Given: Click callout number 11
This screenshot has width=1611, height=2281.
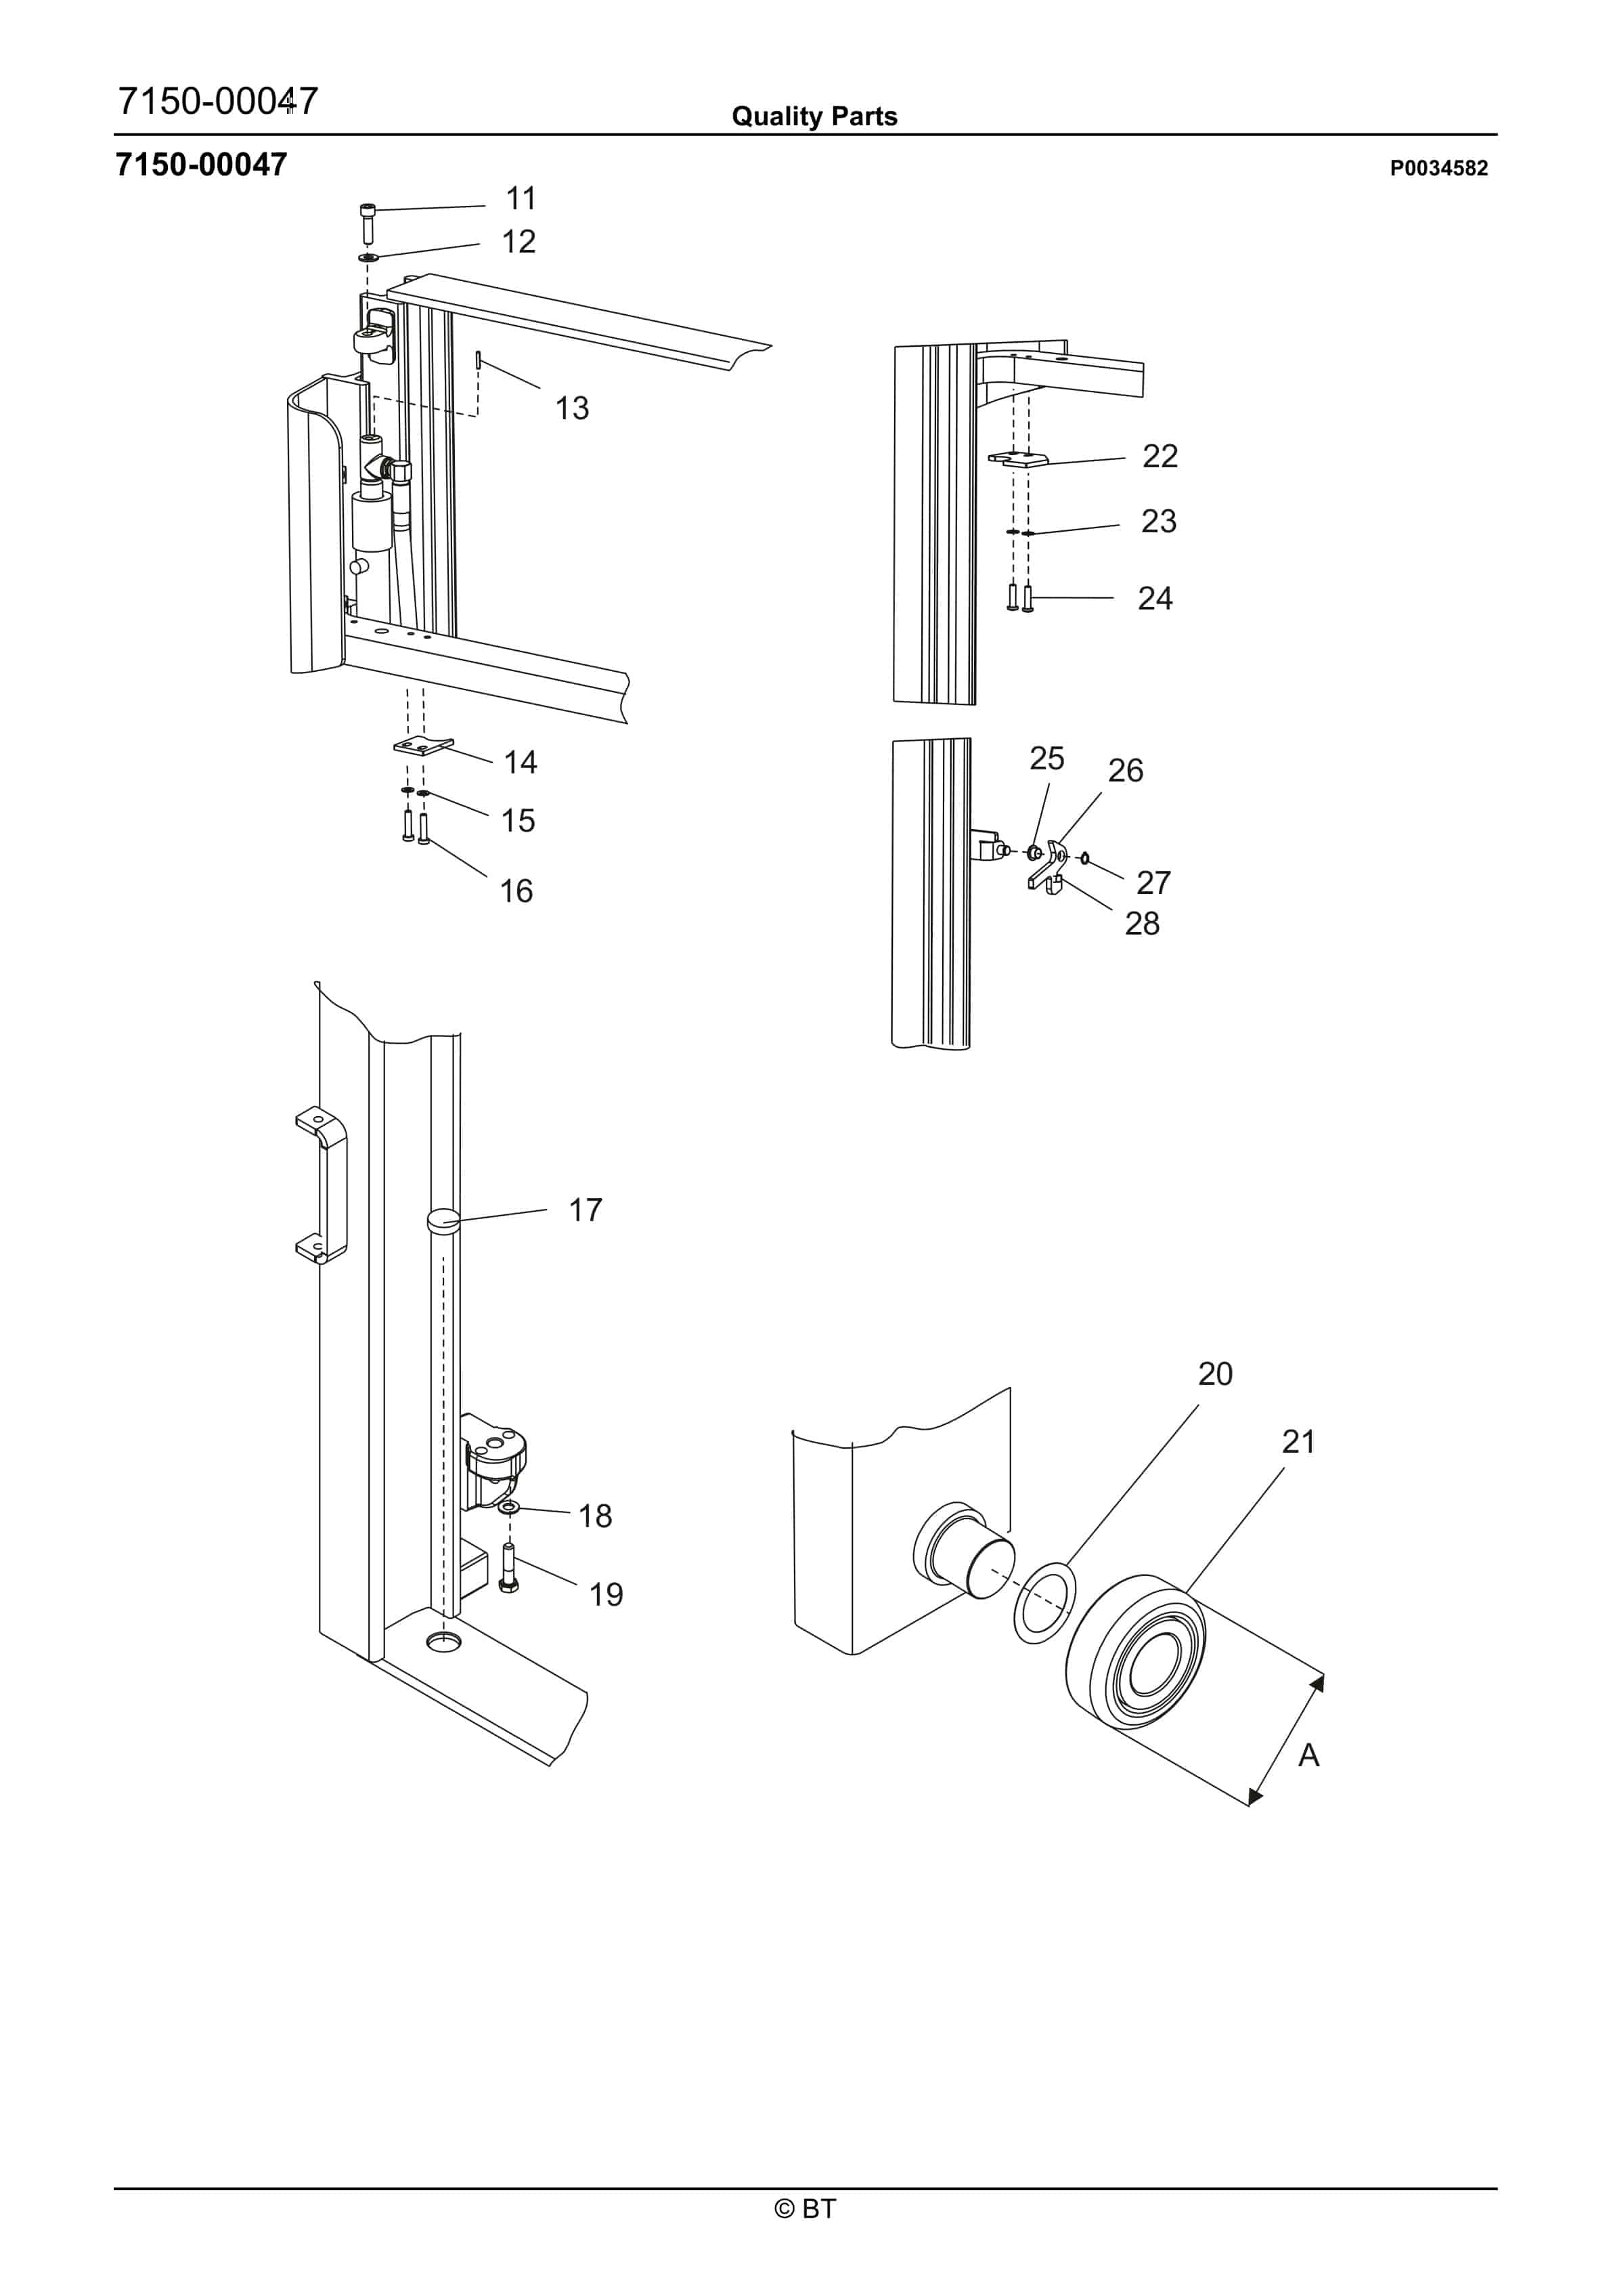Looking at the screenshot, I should tap(521, 198).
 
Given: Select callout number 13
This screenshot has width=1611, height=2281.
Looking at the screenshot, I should tap(572, 408).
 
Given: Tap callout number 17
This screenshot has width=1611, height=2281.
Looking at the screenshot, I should tap(585, 1210).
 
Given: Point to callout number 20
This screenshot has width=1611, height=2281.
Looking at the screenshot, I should tap(1215, 1374).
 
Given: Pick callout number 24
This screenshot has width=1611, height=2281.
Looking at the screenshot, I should tap(1155, 599).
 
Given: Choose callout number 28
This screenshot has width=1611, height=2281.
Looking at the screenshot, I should tap(1142, 924).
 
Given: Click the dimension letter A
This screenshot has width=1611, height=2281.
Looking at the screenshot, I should tap(1309, 1755).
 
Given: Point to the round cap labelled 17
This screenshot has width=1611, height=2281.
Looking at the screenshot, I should tap(443, 1222).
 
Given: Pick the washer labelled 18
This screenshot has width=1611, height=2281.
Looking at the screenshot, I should tap(508, 1509).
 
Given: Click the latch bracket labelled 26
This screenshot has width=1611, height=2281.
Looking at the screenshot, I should tap(1053, 862).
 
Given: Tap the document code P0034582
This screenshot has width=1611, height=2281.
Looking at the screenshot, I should tap(1438, 169).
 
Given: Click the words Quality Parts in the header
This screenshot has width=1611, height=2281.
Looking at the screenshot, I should tap(814, 116).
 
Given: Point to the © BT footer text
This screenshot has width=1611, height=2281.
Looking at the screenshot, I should tap(805, 2209).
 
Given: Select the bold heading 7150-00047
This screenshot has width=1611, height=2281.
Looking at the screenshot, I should tap(202, 165).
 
